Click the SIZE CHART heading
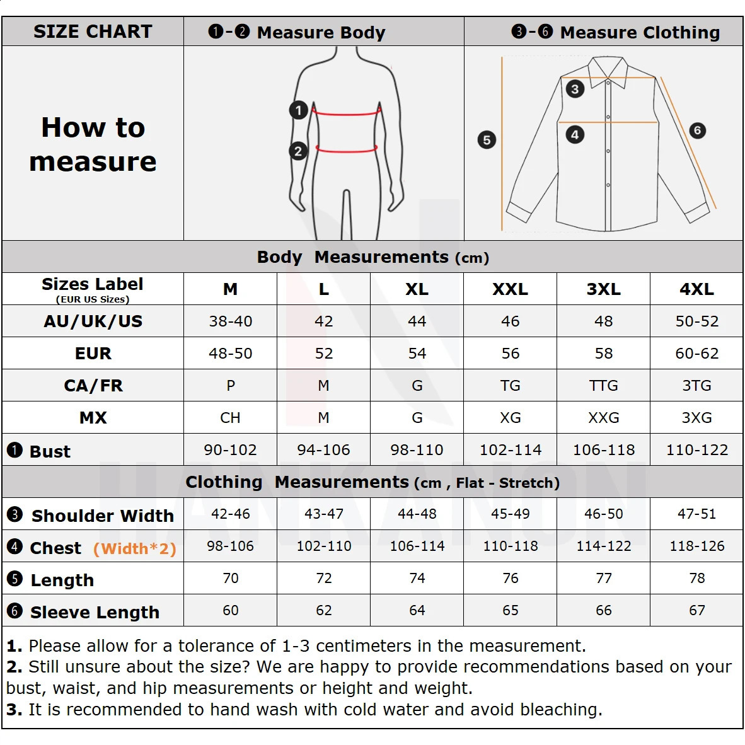[93, 32]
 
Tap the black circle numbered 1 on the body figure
[298, 110]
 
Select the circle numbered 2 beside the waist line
[298, 151]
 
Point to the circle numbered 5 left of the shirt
[487, 139]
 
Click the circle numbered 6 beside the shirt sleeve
[697, 130]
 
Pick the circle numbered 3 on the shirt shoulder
[574, 89]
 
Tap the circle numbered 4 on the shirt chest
[574, 134]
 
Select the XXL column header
[510, 289]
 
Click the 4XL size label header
[696, 289]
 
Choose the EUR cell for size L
[323, 354]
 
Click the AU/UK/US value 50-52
[696, 321]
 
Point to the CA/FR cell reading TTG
[603, 386]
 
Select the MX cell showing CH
[230, 418]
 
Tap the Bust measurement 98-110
[417, 450]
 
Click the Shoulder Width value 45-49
[510, 514]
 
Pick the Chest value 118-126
[696, 546]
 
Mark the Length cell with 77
[603, 579]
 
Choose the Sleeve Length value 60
[230, 611]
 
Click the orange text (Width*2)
[134, 548]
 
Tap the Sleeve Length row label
[95, 612]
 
